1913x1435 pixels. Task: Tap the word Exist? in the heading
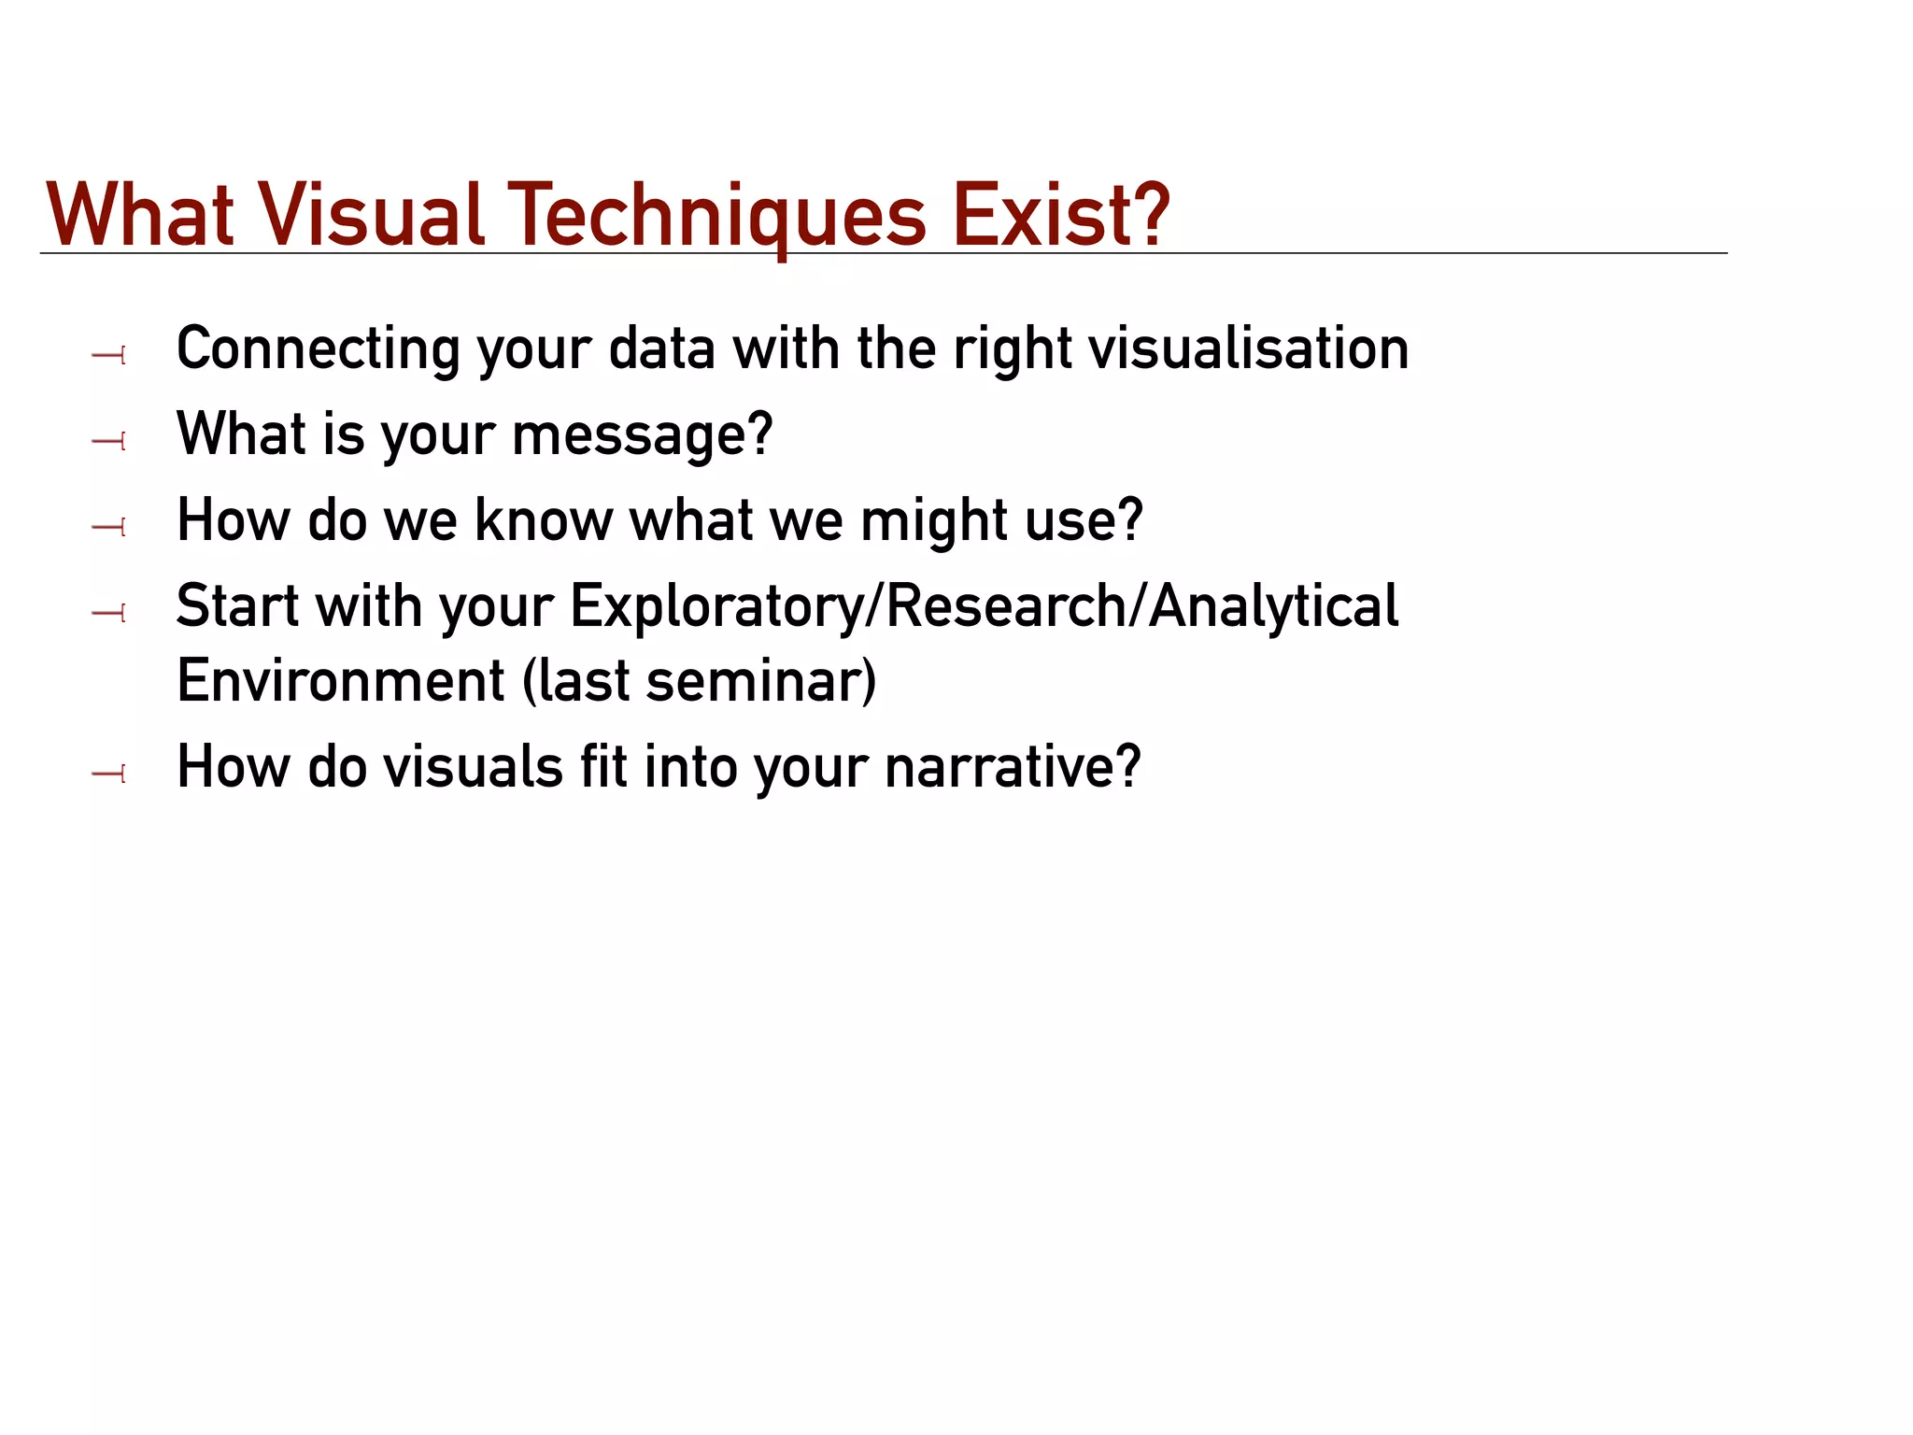point(1060,217)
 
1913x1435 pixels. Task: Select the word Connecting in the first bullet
point(318,349)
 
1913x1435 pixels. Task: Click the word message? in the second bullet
point(643,435)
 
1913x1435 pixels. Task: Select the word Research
point(1003,606)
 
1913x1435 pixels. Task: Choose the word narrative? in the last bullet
point(1013,768)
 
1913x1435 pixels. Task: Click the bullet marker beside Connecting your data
point(109,355)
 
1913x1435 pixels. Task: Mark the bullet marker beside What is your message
point(109,440)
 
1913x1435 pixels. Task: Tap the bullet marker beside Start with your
point(109,613)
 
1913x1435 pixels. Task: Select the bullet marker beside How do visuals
point(109,774)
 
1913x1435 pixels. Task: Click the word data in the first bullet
point(661,349)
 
